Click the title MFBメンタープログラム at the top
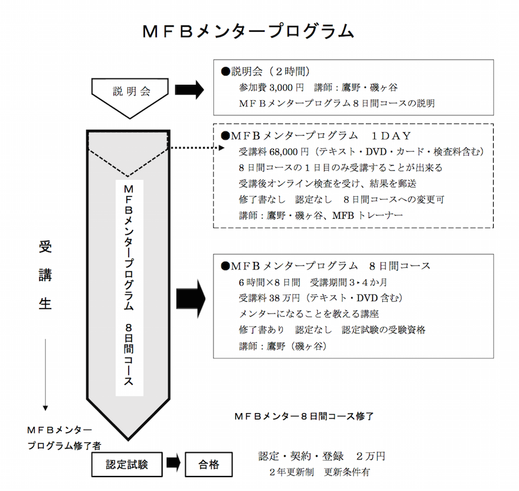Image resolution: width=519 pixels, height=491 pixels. (x=248, y=31)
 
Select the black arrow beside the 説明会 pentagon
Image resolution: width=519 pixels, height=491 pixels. (x=189, y=89)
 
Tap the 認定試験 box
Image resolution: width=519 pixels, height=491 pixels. (x=126, y=464)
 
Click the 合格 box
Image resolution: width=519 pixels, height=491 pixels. (x=209, y=464)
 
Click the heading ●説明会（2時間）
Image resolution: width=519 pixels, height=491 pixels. (x=266, y=72)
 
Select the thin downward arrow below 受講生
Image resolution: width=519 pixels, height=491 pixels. (x=45, y=374)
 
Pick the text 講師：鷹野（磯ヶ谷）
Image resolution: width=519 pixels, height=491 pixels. (x=283, y=347)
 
